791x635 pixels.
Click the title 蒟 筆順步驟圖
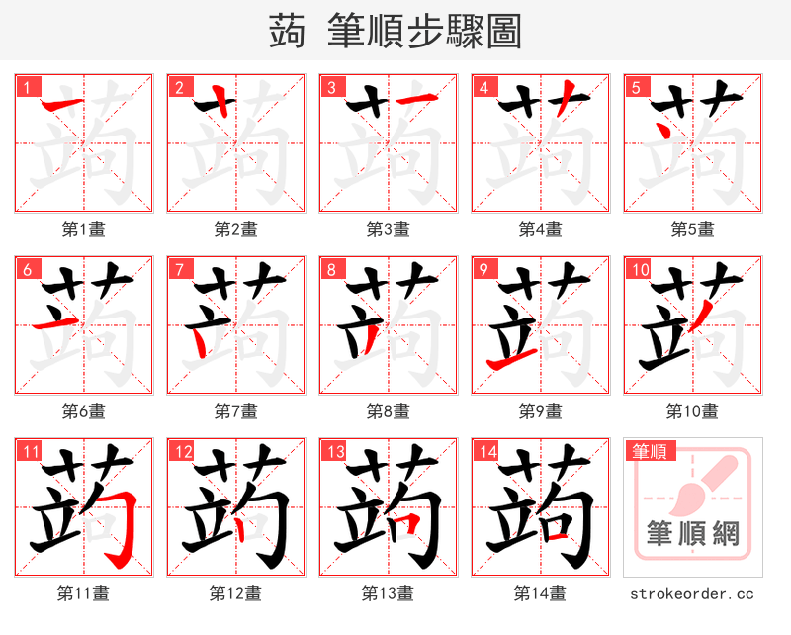pyautogui.click(x=395, y=31)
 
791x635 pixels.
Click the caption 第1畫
pyautogui.click(x=83, y=229)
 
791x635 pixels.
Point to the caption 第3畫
pyautogui.click(x=388, y=229)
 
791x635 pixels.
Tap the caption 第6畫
pyautogui.click(x=83, y=410)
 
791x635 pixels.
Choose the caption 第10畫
pyautogui.click(x=692, y=410)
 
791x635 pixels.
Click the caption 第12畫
pyautogui.click(x=235, y=593)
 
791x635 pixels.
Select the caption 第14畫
pyautogui.click(x=540, y=593)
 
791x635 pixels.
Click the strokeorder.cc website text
pyautogui.click(x=692, y=593)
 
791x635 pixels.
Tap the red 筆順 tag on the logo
pyautogui.click(x=649, y=452)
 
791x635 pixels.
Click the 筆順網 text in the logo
pyautogui.click(x=692, y=535)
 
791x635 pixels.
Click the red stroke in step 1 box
pyautogui.click(x=63, y=104)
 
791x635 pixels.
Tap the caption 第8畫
pyautogui.click(x=388, y=410)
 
